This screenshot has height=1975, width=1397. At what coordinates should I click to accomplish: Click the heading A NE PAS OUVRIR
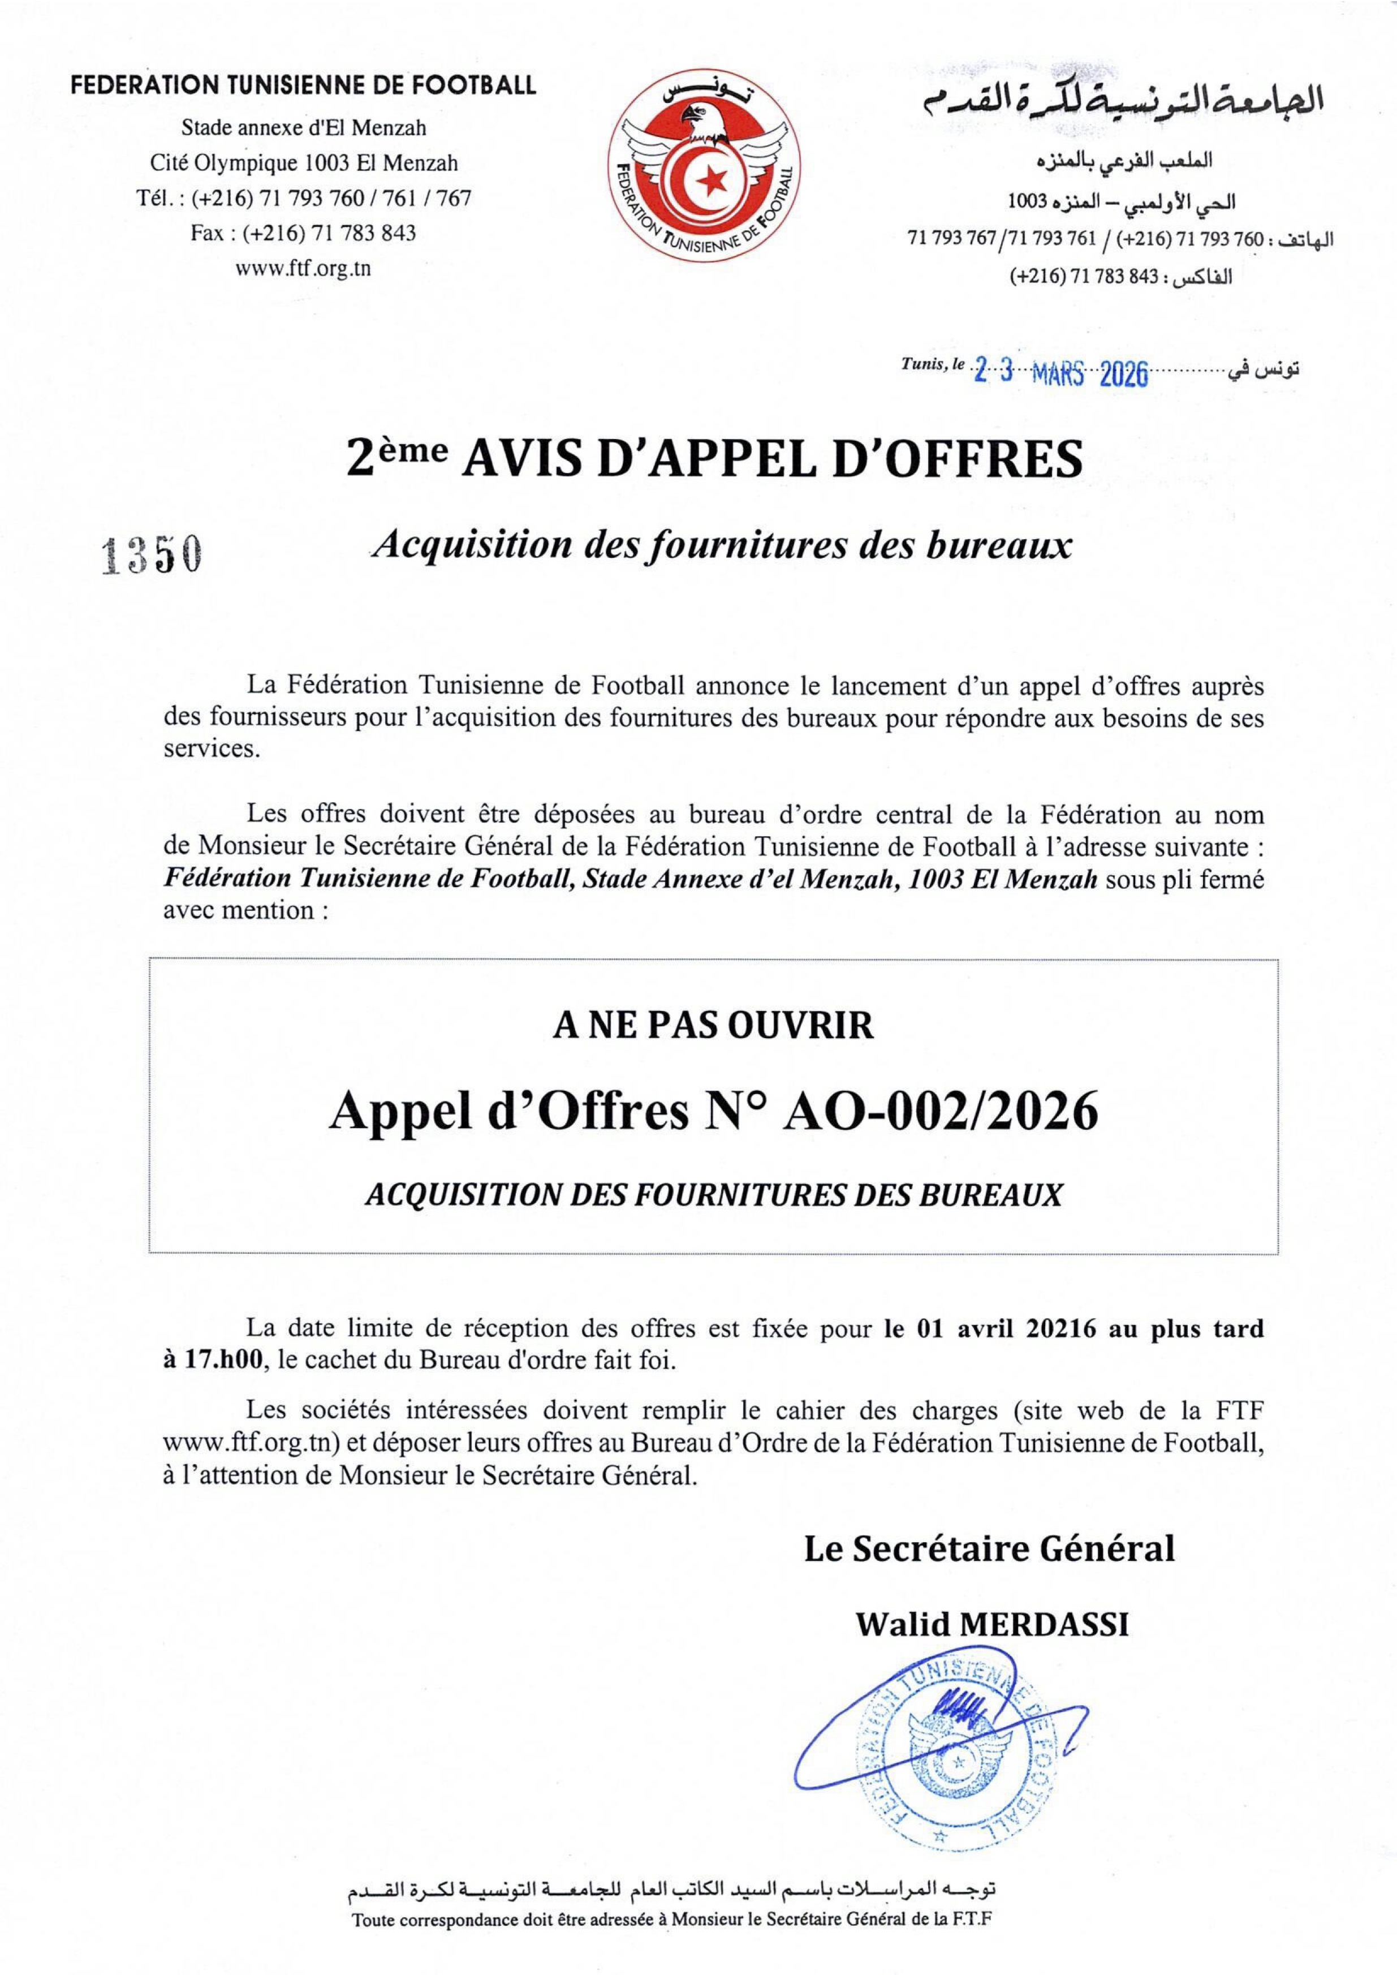[713, 1025]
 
